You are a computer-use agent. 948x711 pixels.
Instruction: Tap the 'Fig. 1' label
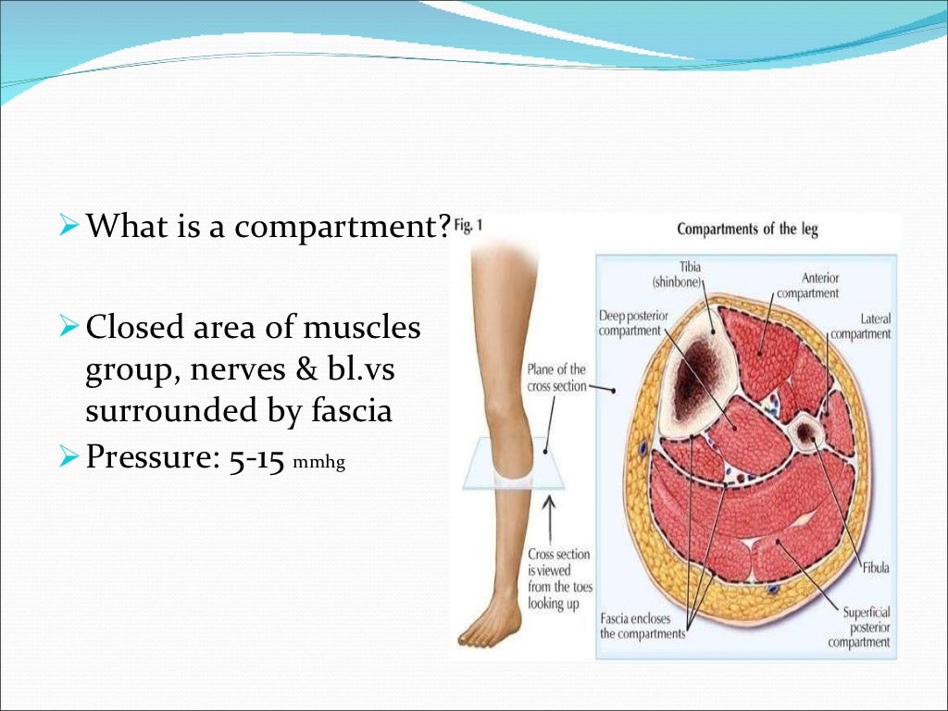pyautogui.click(x=468, y=226)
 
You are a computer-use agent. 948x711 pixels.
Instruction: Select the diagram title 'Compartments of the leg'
pyautogui.click(x=747, y=230)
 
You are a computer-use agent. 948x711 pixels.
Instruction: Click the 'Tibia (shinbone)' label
pyautogui.click(x=679, y=274)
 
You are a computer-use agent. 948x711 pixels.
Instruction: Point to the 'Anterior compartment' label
pyautogui.click(x=807, y=286)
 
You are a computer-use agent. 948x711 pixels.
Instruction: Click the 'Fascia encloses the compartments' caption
pyautogui.click(x=642, y=627)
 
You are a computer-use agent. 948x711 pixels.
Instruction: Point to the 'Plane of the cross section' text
pyautogui.click(x=556, y=378)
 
